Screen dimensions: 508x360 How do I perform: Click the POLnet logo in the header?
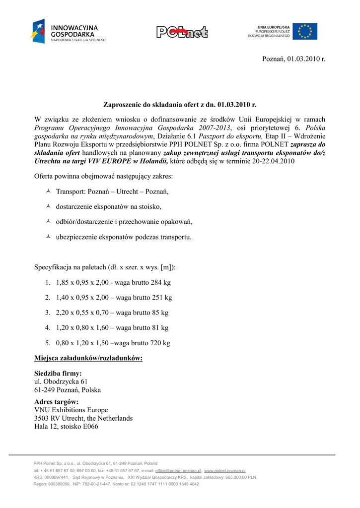pos(182,32)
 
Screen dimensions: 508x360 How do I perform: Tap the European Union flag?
pos(304,31)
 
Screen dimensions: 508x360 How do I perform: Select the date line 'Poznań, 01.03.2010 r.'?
pos(293,59)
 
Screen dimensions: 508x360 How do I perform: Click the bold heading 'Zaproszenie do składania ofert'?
pos(179,105)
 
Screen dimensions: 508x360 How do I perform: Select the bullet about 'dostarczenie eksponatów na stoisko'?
pos(109,206)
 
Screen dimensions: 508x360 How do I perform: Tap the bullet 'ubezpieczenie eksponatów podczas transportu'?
pos(124,237)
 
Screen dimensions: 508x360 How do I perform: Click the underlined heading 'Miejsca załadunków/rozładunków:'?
pos(88,358)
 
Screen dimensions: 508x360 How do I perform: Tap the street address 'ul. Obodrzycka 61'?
pos(61,381)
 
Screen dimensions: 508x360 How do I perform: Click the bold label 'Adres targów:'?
pos(56,402)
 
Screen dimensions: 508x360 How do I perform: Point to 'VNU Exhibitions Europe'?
pos(71,410)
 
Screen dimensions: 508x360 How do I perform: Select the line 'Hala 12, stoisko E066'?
pos(66,426)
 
